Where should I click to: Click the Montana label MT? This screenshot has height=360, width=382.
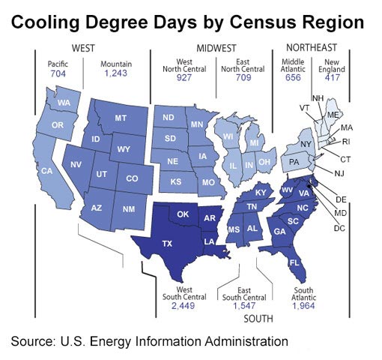(120, 118)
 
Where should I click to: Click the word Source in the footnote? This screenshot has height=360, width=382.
(33, 341)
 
